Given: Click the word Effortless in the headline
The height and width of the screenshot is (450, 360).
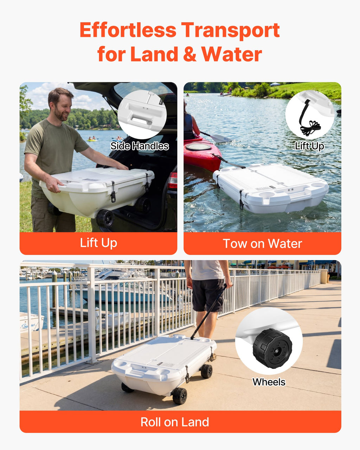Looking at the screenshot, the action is click(128, 30).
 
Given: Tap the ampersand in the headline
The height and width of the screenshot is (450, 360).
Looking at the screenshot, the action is click(189, 54).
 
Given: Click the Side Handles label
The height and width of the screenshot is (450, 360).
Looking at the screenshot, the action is click(140, 146).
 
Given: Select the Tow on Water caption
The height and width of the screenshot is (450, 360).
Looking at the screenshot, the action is click(262, 243).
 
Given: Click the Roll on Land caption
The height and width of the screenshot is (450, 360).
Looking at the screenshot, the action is click(175, 422).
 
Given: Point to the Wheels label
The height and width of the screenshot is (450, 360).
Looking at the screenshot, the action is click(269, 382).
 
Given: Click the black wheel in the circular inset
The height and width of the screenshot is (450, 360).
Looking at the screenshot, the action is click(272, 349).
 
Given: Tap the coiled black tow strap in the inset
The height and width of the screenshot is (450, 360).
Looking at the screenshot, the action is click(310, 127).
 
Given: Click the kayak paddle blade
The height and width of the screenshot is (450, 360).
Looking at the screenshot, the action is click(221, 138).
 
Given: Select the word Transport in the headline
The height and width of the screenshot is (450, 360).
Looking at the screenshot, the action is click(231, 31).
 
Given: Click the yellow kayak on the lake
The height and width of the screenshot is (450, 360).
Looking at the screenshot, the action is click(92, 140).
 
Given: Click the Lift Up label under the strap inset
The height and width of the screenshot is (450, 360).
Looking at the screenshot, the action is click(310, 146).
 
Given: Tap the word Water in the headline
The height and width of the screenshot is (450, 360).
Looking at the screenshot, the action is click(232, 54).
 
